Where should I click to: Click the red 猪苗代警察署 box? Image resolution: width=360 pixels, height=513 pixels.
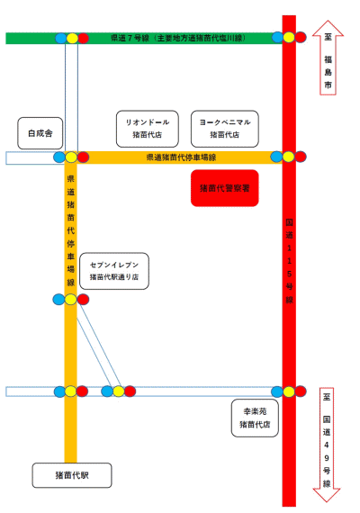[x=224, y=188]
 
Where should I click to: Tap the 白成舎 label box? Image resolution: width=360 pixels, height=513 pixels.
[x=40, y=133]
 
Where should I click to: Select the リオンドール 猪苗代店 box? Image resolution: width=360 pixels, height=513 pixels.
[x=148, y=129]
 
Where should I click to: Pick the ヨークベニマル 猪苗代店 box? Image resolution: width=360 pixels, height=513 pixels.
[x=224, y=129]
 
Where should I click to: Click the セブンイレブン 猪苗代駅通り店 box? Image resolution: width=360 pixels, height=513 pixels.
[x=114, y=271]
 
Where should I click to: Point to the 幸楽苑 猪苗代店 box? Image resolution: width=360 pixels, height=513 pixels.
[x=255, y=418]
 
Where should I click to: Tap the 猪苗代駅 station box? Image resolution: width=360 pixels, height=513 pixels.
[x=72, y=475]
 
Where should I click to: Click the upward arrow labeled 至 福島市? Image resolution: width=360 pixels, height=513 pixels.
[x=328, y=58]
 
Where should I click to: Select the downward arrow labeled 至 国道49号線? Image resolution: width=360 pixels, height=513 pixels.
[x=327, y=445]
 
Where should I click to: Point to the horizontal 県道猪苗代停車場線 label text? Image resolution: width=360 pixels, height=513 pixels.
[x=181, y=157]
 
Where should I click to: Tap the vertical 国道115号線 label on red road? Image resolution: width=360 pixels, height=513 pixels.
[x=289, y=261]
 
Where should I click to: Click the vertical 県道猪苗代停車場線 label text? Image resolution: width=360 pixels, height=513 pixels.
[x=71, y=230]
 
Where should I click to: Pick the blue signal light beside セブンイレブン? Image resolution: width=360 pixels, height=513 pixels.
[x=58, y=300]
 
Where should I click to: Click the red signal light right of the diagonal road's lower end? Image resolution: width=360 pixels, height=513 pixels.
[x=130, y=391]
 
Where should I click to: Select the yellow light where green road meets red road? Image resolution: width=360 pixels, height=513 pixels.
[x=289, y=37]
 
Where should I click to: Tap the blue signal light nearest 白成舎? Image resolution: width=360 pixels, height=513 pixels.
[x=59, y=157]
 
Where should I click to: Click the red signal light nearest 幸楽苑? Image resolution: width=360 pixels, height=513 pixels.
[x=301, y=391]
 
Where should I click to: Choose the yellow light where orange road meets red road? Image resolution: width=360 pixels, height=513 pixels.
[x=289, y=157]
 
